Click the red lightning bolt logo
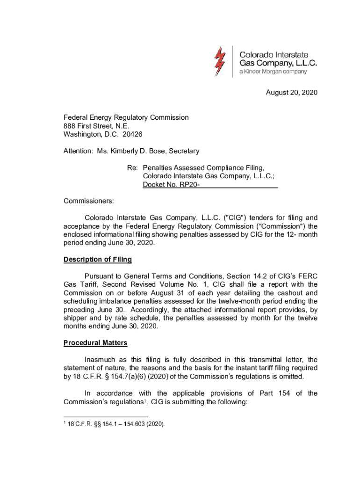[220, 61]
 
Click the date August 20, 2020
[292, 93]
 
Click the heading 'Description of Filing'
[98, 260]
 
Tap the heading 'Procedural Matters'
[95, 343]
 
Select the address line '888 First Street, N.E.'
[96, 126]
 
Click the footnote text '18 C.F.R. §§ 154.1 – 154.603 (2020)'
[117, 425]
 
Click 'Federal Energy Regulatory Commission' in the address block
[126, 117]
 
